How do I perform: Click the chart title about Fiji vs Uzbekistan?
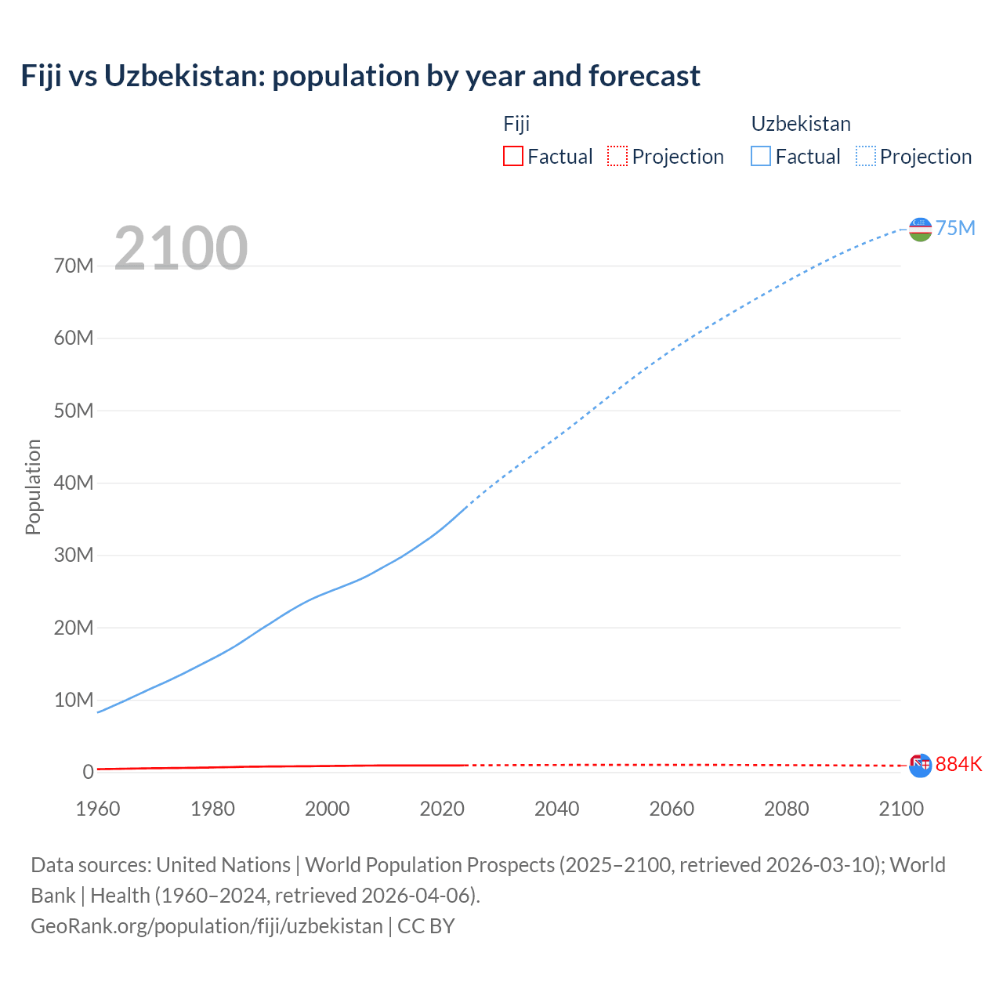click(360, 76)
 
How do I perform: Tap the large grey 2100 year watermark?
click(181, 248)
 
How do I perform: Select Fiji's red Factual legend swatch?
click(512, 156)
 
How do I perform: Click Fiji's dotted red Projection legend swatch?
click(617, 156)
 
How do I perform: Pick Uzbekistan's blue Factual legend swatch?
click(761, 156)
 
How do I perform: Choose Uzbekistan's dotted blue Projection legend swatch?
click(866, 156)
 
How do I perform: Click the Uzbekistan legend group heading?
click(801, 124)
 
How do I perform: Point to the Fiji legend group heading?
click(516, 124)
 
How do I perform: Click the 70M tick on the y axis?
click(74, 266)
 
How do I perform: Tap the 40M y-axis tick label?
click(74, 483)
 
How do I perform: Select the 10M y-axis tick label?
click(74, 700)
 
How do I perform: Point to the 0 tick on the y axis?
click(88, 772)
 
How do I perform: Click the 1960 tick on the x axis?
click(98, 809)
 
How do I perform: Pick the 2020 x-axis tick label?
click(442, 809)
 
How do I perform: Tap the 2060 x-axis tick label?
click(672, 809)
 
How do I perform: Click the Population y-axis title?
click(33, 487)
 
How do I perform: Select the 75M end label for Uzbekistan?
click(955, 228)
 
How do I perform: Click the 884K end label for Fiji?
click(958, 764)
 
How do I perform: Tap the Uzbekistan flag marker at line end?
click(920, 230)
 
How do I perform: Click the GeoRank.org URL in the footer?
click(207, 925)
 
